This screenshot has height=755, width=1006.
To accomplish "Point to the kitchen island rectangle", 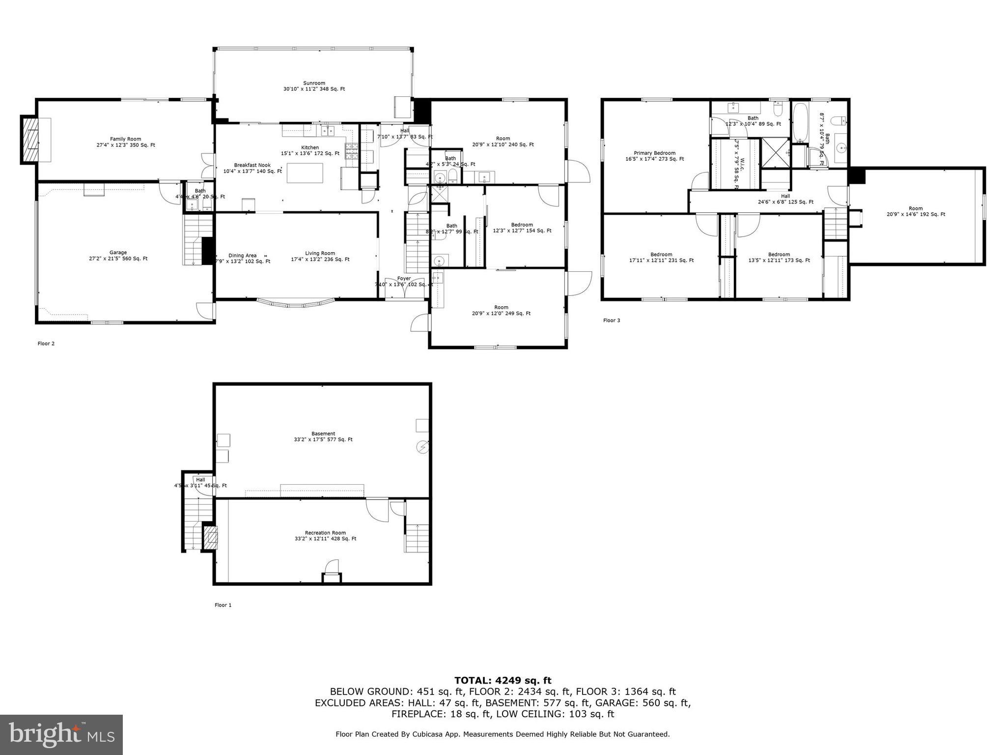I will click(305, 173).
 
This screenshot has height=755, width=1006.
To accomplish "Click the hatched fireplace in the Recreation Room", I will click(211, 538).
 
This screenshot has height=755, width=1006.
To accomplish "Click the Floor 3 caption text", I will click(612, 320).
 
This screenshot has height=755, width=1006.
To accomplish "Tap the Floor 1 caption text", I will click(223, 605).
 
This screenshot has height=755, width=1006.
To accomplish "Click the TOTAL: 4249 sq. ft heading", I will click(503, 680).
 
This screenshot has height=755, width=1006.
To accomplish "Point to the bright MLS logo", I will click(61, 734).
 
